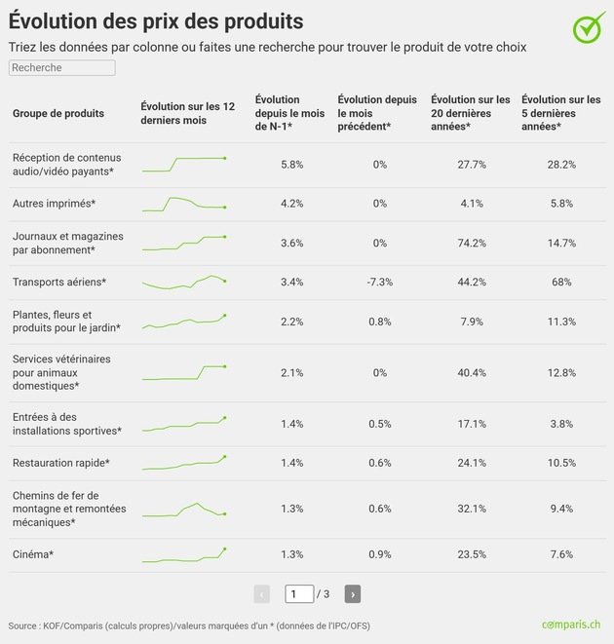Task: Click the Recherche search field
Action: (x=62, y=68)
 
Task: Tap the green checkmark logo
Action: (x=589, y=27)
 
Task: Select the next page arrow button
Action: (x=353, y=594)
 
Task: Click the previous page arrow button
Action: (x=262, y=594)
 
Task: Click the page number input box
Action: (x=299, y=594)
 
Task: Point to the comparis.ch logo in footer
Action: (x=571, y=625)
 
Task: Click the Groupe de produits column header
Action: (x=58, y=113)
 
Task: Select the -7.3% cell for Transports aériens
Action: (x=380, y=283)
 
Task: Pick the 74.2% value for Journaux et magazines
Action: (x=472, y=244)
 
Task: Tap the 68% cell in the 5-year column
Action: (x=561, y=283)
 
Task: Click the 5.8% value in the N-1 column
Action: (x=291, y=165)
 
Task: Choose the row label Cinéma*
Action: (x=33, y=554)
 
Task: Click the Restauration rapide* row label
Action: (x=61, y=463)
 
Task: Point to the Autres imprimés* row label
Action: (x=55, y=204)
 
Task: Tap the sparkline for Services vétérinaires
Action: (x=183, y=373)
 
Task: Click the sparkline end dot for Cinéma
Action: (x=225, y=549)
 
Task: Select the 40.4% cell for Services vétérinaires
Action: (x=472, y=373)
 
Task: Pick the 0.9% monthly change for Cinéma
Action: (x=380, y=554)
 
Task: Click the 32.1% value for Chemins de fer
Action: (x=472, y=509)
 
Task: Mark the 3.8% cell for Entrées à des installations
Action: (x=561, y=424)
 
